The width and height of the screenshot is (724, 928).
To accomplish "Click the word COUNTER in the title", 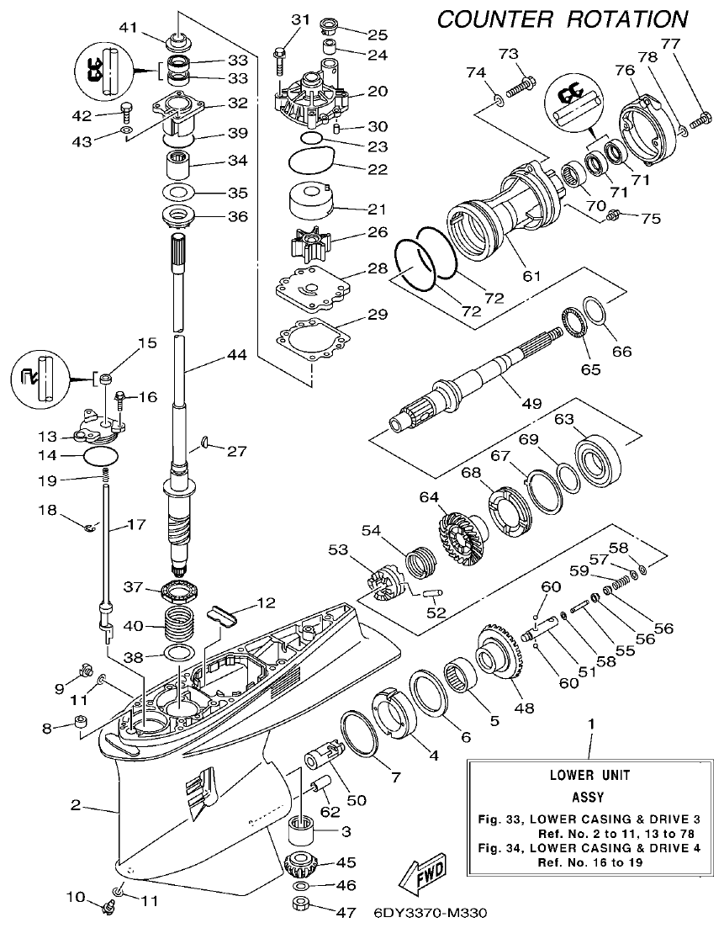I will coord(497,18).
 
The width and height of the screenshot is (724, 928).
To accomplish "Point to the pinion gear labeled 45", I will coord(301,864).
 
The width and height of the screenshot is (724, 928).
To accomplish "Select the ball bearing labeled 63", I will coord(597,455).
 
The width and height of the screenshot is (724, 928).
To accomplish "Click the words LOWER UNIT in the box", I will coord(589,775).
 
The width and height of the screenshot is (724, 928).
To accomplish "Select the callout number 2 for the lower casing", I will coord(76,805).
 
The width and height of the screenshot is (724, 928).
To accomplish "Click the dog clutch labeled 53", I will coord(385,581).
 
